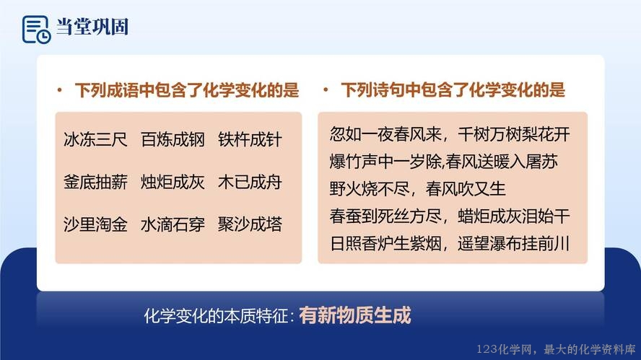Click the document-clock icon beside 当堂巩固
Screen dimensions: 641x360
36,30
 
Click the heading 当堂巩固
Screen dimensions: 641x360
92,27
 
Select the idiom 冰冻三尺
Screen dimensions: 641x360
96,139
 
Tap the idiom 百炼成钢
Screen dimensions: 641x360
173,139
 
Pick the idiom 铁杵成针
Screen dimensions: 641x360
250,139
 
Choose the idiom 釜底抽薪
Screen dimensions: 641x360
96,182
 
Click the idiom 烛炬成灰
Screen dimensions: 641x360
173,182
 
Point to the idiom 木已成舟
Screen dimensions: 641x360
250,182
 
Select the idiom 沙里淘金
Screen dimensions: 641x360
96,224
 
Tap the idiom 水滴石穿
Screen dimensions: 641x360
173,224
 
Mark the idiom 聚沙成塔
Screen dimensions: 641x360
250,224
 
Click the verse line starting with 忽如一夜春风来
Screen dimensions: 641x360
450,134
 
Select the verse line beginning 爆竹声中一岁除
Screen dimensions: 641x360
443,162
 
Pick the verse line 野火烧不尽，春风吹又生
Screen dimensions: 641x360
417,189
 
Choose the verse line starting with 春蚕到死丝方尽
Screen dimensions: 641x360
450,216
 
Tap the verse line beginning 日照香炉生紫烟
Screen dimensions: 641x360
450,244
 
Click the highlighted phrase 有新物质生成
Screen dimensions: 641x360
355,315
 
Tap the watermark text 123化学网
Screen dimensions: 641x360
505,349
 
